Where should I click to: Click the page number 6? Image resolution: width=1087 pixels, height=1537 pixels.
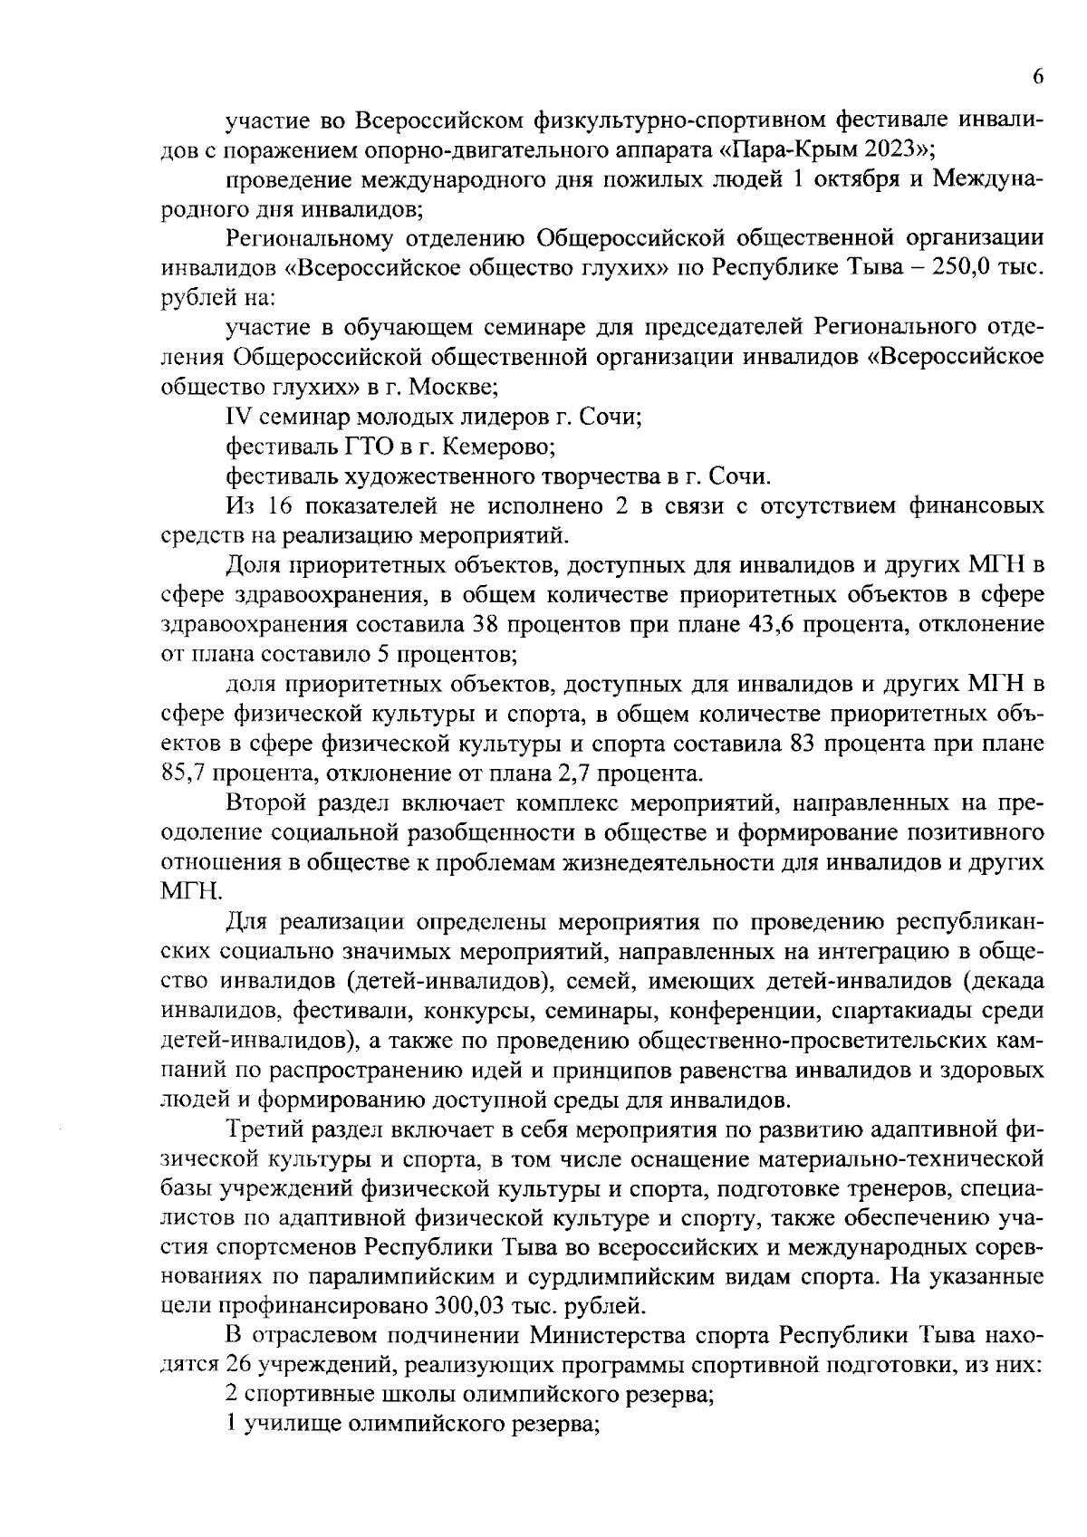1037,77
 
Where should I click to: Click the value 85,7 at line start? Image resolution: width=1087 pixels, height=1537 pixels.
184,774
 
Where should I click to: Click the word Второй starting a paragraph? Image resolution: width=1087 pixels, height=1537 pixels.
262,804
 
